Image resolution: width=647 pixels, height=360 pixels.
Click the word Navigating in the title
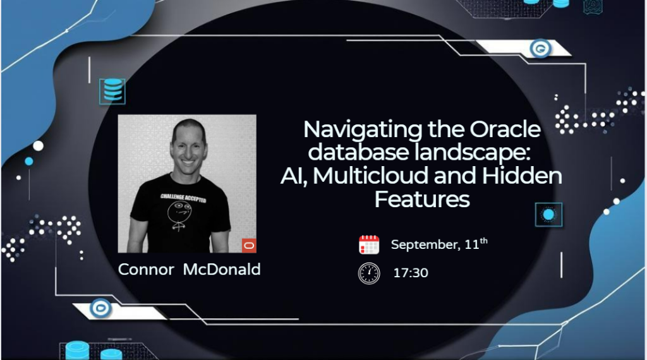(362, 130)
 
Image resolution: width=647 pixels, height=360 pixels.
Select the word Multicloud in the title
(371, 175)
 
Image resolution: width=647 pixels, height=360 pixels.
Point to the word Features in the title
(421, 199)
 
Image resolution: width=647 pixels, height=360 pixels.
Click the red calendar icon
(369, 244)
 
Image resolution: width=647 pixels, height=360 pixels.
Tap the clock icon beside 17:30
(369, 273)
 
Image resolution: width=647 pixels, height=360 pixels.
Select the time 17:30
(411, 273)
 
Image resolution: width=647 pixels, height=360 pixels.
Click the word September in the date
(425, 244)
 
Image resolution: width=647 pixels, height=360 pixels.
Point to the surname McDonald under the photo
(222, 269)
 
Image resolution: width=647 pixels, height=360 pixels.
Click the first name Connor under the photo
(146, 270)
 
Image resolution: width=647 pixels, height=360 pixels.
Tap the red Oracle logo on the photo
(249, 245)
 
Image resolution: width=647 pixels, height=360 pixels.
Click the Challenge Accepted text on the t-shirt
(183, 198)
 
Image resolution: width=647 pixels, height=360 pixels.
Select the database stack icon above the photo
(112, 91)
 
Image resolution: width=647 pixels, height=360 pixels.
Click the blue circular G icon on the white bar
(540, 49)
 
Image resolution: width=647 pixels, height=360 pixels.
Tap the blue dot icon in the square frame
(548, 215)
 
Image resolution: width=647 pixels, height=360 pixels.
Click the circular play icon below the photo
(100, 308)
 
